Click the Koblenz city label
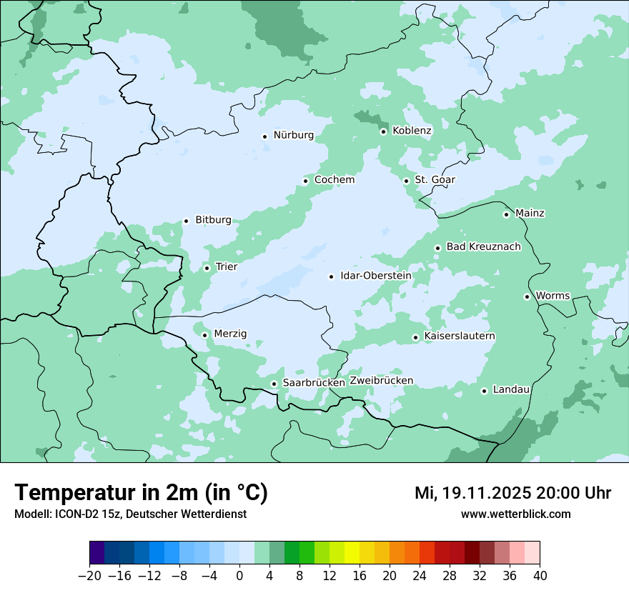412,131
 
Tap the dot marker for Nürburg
264,136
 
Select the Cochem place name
335,180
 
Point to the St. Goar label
435,180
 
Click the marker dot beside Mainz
506,214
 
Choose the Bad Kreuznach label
484,247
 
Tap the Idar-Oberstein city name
376,276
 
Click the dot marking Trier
207,269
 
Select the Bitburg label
214,220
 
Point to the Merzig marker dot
204,335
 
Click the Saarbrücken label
314,383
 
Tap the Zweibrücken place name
382,381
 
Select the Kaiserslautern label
460,337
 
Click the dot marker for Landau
484,391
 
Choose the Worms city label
553,296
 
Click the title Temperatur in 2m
141,493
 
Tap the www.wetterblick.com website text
516,514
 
